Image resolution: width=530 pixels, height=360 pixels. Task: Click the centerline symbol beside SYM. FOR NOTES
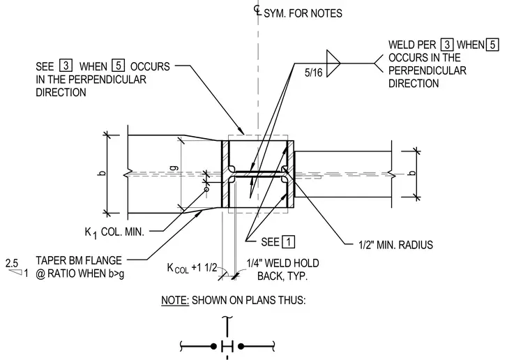[x=257, y=10]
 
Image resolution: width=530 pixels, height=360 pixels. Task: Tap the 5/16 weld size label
[x=313, y=73]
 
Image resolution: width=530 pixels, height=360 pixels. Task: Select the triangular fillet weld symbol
[x=333, y=63]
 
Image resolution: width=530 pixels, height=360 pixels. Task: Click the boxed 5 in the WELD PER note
[x=492, y=45]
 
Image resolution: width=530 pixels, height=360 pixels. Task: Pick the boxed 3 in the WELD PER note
[x=447, y=45]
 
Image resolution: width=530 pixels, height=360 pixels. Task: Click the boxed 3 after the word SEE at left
[x=66, y=66]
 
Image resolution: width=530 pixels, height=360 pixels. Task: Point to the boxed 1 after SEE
[x=288, y=242]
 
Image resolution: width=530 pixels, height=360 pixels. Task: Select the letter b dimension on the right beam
[x=411, y=173]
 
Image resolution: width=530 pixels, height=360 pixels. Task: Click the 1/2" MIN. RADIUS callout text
[x=395, y=245]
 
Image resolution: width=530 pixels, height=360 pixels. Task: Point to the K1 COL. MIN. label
[x=114, y=232]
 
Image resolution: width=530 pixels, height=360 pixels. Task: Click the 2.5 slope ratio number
[x=12, y=263]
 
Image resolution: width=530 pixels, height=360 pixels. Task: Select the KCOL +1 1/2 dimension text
[x=192, y=268]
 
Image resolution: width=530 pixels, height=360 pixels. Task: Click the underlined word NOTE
[x=175, y=300]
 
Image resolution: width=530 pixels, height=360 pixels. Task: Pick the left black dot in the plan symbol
[x=213, y=347]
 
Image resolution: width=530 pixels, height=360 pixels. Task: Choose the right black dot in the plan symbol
[x=241, y=346]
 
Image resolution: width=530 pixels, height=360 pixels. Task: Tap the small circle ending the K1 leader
[x=206, y=189]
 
